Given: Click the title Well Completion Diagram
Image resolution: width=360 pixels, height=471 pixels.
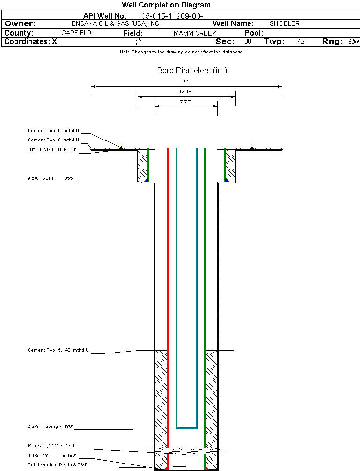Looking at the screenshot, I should click(166, 5).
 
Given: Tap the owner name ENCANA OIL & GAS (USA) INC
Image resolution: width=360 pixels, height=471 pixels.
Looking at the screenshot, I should click(122, 23).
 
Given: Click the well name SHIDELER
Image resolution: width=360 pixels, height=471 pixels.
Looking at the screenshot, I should click(284, 23).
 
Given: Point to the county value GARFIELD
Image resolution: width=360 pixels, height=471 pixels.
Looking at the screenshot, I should click(76, 33).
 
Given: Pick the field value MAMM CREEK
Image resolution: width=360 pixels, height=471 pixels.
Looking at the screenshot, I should click(195, 34).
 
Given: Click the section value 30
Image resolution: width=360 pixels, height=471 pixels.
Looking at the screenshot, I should click(248, 42).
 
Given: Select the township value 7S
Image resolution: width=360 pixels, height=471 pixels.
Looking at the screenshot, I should click(301, 42).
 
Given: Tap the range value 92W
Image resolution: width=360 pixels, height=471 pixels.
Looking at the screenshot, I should click(353, 42).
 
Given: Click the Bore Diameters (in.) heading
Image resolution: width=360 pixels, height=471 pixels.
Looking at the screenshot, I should click(192, 71).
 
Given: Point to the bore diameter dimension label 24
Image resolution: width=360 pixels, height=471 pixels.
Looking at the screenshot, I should click(186, 81).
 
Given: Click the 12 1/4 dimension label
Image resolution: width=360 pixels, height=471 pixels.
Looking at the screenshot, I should click(186, 92).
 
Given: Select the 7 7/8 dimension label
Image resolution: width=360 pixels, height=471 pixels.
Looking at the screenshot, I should click(186, 102).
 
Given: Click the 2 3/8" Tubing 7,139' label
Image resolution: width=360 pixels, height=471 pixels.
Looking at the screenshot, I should click(50, 427).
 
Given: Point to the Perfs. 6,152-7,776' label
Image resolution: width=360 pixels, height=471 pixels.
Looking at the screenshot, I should click(51, 445).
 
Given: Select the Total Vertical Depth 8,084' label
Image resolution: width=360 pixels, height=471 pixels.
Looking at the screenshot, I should click(57, 465).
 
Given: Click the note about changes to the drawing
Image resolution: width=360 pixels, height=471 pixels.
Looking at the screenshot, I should click(181, 52).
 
